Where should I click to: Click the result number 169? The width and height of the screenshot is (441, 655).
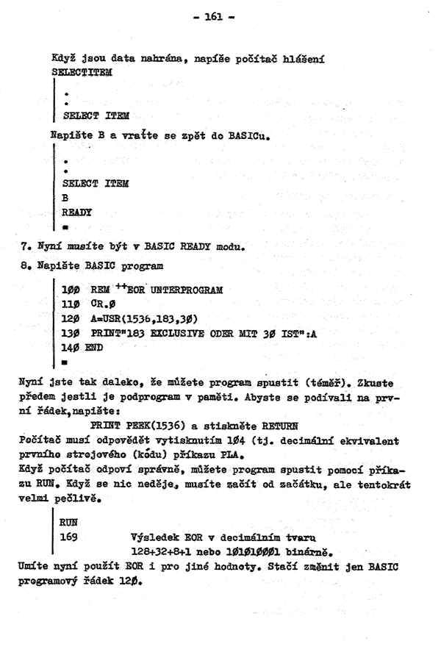(x=69, y=537)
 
